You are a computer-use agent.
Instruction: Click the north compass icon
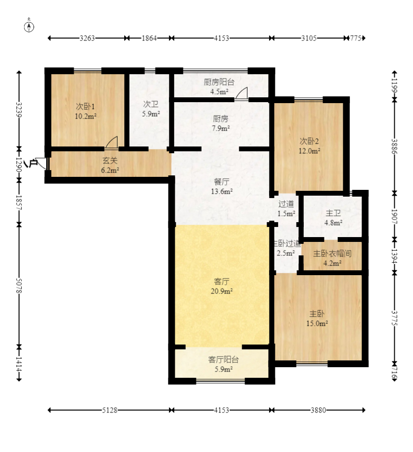29,26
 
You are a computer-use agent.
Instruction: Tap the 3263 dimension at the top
87,38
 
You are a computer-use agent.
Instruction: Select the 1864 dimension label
149,38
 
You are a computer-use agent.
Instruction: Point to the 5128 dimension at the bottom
110,410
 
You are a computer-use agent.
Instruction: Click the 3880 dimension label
318,410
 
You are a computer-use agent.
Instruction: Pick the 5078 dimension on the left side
19,286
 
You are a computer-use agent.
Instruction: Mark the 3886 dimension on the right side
394,146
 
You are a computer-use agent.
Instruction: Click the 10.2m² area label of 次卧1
86,117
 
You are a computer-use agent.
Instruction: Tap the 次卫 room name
151,104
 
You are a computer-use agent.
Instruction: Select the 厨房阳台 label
219,82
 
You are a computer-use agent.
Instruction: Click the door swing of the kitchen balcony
242,93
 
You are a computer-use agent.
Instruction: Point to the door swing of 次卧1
112,143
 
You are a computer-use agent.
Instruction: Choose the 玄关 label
110,160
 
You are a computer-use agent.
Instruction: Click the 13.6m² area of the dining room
222,191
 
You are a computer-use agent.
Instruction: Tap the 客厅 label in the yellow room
222,281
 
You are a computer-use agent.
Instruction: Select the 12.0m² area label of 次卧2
310,151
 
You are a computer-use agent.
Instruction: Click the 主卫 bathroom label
333,213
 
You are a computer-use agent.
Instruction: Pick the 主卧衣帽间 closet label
332,253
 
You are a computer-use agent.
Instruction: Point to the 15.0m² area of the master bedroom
317,324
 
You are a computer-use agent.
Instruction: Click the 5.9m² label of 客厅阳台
223,369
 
